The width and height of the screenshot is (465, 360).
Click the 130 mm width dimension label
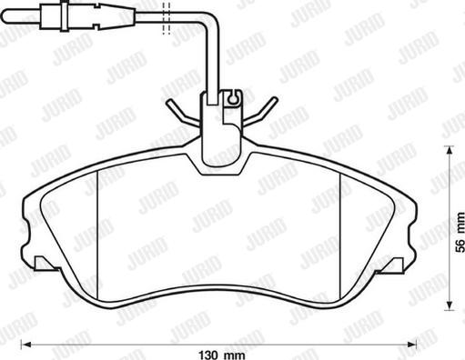(222, 355)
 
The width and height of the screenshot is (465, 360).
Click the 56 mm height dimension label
(460, 233)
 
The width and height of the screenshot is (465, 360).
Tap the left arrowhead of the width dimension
(27, 345)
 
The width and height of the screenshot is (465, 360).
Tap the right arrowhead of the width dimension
(411, 345)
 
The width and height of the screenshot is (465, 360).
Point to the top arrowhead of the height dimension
(449, 151)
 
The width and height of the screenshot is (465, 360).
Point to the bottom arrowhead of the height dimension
(449, 305)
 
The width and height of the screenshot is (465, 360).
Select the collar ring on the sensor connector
(65, 16)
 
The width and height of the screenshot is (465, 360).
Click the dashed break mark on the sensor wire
(167, 18)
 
